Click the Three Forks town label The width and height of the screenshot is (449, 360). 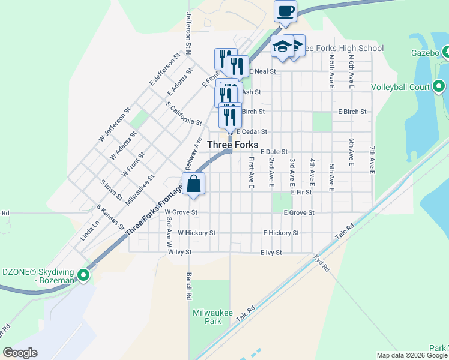(232, 145)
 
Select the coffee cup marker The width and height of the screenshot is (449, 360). (286, 11)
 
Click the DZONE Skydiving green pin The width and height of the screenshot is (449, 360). (83, 276)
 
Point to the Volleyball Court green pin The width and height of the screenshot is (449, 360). (439, 87)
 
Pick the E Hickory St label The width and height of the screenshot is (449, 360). (280, 233)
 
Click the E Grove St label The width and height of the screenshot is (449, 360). (299, 212)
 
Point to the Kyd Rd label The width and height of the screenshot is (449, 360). (322, 263)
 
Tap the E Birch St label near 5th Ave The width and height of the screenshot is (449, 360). (352, 112)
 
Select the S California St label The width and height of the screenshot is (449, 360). (184, 113)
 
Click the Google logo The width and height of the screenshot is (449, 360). (20, 353)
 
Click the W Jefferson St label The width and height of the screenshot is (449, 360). (115, 124)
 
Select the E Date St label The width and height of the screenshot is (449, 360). (274, 152)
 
